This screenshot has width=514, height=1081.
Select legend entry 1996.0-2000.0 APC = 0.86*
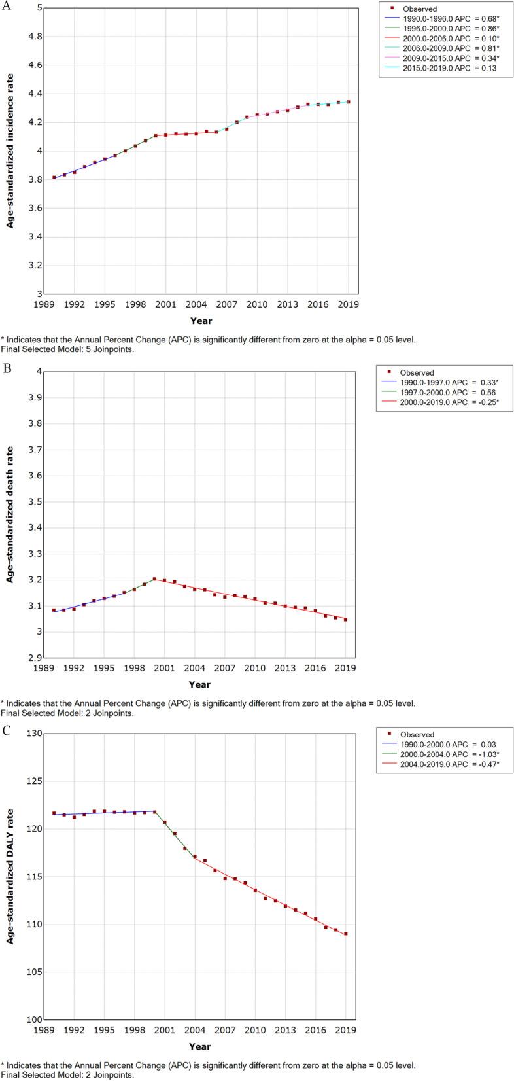click(x=451, y=29)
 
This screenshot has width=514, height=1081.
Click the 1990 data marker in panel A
click(x=54, y=177)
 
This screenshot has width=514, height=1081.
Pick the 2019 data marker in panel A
click(x=349, y=102)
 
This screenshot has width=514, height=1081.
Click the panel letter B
click(x=6, y=368)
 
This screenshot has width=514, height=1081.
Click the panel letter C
click(x=6, y=730)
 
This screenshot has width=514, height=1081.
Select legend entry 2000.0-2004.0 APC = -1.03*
click(x=449, y=754)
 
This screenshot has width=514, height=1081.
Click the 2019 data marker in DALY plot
click(x=346, y=934)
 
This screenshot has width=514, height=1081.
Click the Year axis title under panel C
click(x=199, y=1047)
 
